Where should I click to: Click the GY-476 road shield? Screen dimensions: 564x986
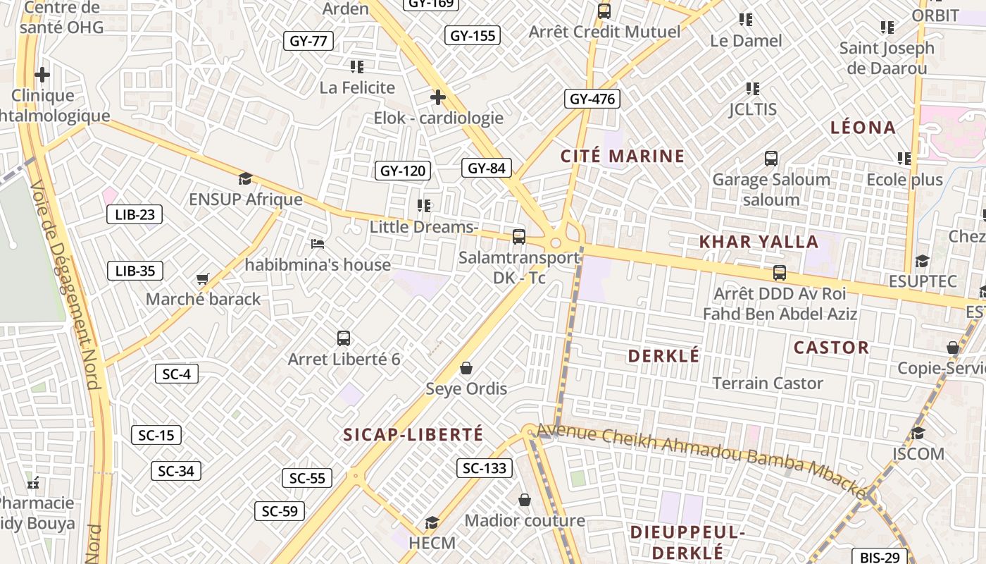592,99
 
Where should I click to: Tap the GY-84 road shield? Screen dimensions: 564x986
487,168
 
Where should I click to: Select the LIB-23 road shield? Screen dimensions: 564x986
135,214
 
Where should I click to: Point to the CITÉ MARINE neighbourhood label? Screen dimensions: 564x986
623,156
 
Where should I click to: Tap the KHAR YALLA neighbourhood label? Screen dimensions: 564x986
759,242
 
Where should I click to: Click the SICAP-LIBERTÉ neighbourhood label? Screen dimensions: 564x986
413,434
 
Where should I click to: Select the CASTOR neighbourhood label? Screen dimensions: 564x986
831,348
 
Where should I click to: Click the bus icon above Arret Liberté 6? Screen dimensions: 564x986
344,338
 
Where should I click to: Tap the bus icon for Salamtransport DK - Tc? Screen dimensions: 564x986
519,237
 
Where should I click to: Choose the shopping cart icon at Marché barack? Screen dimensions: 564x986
203,279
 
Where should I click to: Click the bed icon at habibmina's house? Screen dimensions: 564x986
318,244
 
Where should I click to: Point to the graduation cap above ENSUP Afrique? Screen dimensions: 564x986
245,179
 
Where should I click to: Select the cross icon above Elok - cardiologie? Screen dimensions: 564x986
438,97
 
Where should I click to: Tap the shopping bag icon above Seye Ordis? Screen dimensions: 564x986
466,368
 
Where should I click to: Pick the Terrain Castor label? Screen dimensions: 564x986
768,384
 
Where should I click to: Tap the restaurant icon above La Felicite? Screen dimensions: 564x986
357,67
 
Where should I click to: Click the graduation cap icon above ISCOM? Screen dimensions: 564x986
918,433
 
